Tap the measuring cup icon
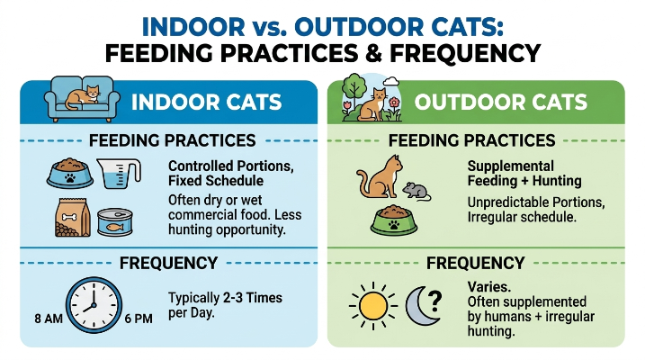pyautogui.click(x=119, y=174)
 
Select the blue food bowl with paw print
pyautogui.click(x=70, y=173)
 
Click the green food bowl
pyautogui.click(x=394, y=220)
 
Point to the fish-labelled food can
pyautogui.click(x=115, y=221)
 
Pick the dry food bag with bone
pyautogui.click(x=72, y=218)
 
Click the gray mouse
pyautogui.click(x=417, y=192)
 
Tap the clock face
pyautogui.click(x=94, y=305)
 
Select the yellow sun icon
pyautogui.click(x=373, y=306)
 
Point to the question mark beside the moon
pyautogui.click(x=434, y=301)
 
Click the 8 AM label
pyautogui.click(x=49, y=319)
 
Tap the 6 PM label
pyautogui.click(x=139, y=319)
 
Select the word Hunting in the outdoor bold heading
pyautogui.click(x=557, y=181)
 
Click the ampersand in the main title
pyautogui.click(x=373, y=53)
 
